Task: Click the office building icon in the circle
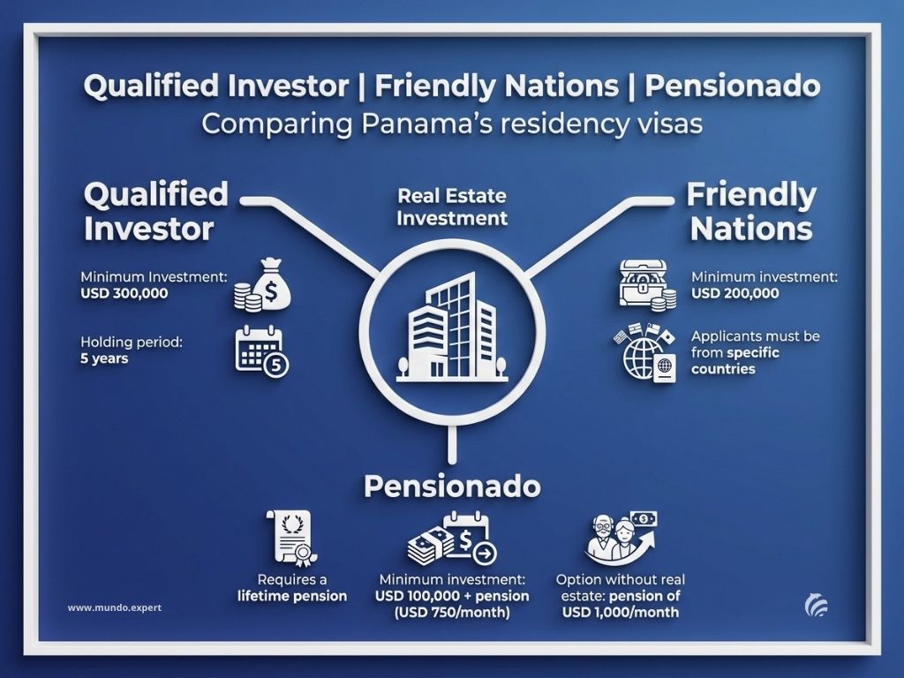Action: (x=452, y=328)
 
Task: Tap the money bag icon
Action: (x=262, y=285)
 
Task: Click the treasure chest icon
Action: (x=647, y=285)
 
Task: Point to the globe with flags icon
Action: (x=644, y=353)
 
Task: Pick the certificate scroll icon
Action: (x=291, y=538)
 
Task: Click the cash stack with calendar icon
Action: (x=452, y=538)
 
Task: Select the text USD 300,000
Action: (x=124, y=293)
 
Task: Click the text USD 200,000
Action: (x=735, y=293)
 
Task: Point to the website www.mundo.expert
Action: (x=115, y=607)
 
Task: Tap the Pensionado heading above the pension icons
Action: (x=452, y=486)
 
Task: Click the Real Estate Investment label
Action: (x=452, y=207)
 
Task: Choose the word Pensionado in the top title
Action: (x=732, y=86)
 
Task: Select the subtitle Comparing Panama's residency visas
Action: (x=452, y=124)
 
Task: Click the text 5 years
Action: (x=104, y=358)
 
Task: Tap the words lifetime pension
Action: (x=292, y=596)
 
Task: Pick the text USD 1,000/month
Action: (x=621, y=613)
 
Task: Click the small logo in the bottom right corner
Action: (x=817, y=606)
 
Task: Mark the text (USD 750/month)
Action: (x=452, y=613)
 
